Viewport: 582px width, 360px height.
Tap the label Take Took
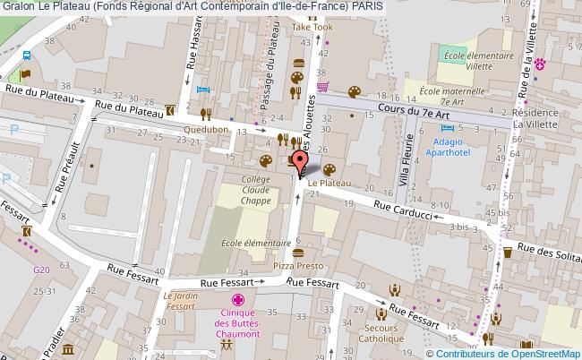[312, 28]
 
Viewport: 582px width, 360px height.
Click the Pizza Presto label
[298, 266]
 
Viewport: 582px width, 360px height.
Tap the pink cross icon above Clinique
[237, 301]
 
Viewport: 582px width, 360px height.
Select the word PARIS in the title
[370, 5]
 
